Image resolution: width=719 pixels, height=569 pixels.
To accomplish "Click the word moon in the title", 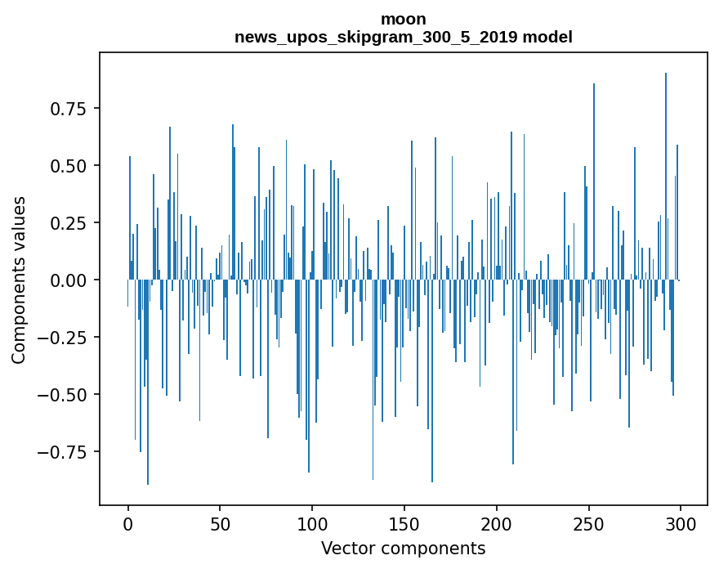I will click(x=403, y=19).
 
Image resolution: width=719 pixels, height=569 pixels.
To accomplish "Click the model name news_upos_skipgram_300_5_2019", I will click(x=380, y=37).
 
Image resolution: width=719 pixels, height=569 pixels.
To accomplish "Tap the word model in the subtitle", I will click(x=548, y=37).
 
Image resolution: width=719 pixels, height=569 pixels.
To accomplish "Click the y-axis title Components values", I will click(x=19, y=280).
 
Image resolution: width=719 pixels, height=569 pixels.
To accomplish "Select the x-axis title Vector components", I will click(x=403, y=549).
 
